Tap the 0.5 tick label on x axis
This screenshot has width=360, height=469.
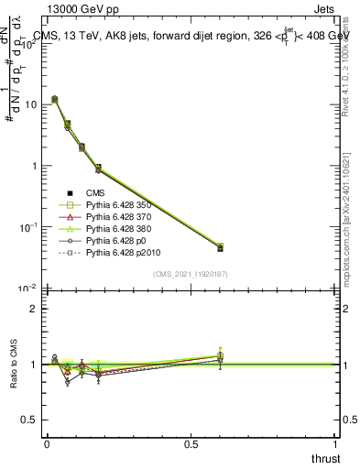191,443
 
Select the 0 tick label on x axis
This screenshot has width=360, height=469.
47,443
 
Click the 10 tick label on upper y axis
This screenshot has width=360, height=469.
30,104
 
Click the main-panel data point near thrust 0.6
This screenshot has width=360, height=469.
220,247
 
